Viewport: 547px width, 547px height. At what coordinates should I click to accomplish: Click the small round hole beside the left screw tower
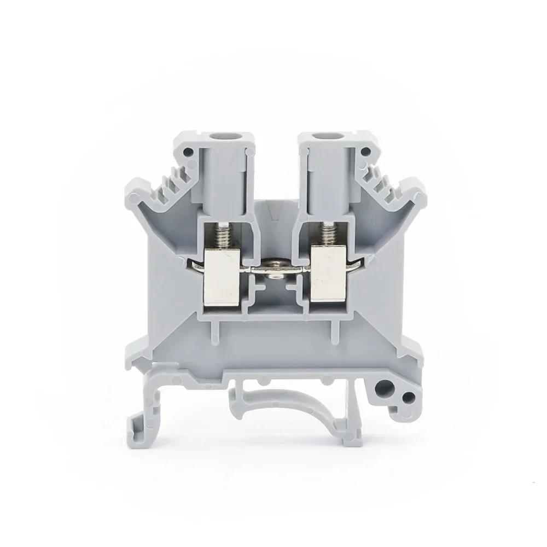click(x=189, y=152)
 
